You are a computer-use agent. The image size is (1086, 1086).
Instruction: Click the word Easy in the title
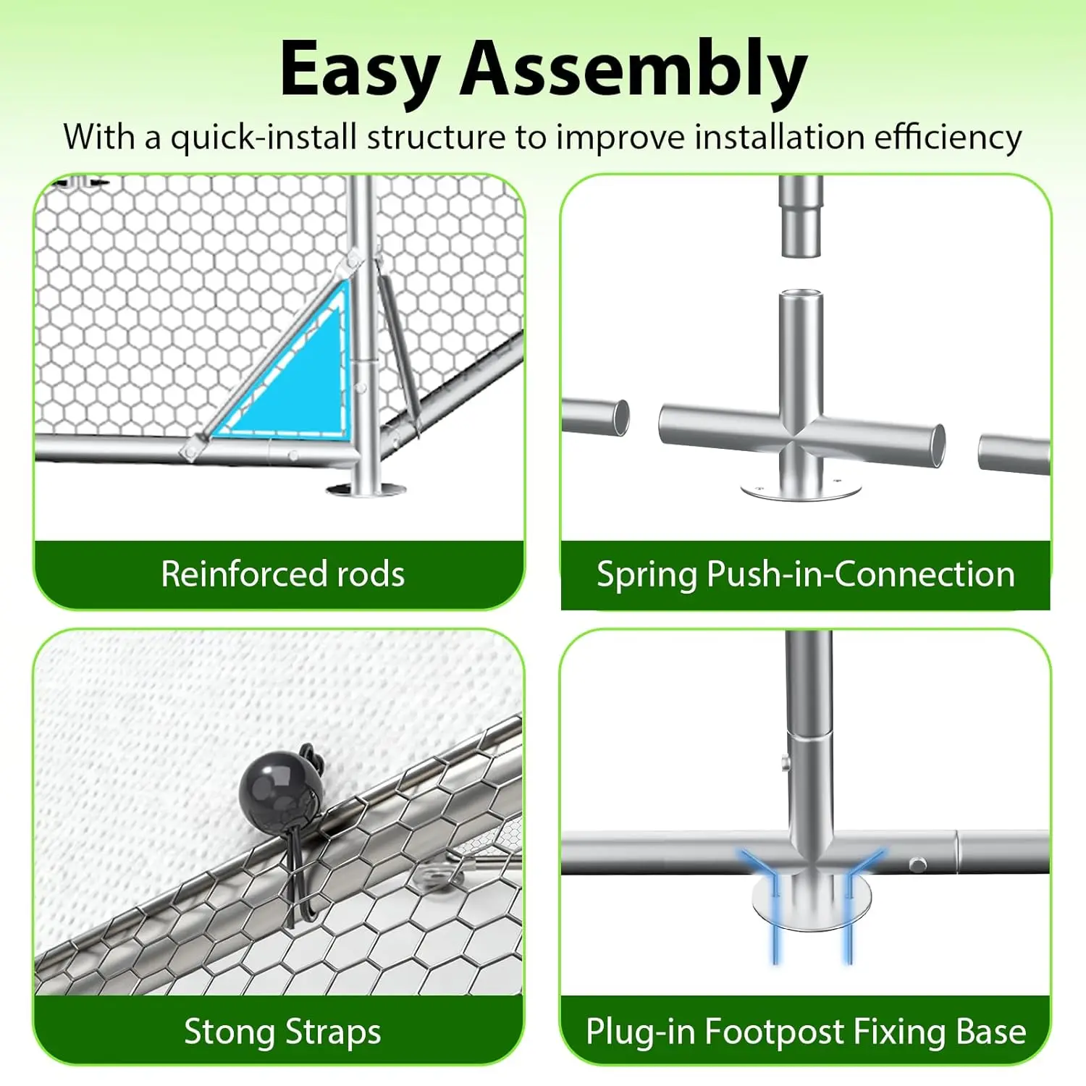point(359,70)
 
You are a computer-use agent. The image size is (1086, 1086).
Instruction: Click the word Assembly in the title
point(633,70)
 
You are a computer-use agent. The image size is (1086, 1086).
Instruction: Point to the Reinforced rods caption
point(282,574)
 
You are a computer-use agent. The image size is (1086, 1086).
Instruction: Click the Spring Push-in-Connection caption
point(805,574)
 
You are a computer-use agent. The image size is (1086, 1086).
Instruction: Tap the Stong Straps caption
point(282,1031)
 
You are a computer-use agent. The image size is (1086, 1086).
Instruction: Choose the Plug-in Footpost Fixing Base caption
point(805,1031)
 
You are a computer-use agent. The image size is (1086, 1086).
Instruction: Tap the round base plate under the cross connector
point(801,489)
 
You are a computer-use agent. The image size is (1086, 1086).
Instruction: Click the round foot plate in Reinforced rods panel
point(366,490)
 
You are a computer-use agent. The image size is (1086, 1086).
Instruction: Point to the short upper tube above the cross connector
point(801,216)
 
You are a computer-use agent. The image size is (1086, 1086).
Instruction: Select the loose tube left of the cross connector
point(595,417)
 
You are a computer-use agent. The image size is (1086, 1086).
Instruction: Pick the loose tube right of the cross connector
point(1014,454)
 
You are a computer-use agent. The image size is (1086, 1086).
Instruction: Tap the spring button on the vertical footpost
point(785,762)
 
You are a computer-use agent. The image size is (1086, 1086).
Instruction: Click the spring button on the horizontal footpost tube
point(917,864)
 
